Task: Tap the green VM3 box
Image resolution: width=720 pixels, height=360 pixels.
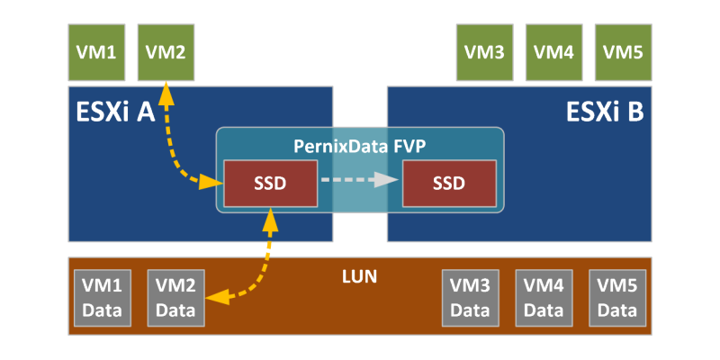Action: pos(484,51)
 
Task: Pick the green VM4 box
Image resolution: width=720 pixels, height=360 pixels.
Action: pos(553,51)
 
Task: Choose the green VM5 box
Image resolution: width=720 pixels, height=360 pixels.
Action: pos(623,51)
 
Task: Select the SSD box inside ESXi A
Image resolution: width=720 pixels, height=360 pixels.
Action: pos(269,183)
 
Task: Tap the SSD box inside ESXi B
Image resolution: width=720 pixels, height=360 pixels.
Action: pos(448,183)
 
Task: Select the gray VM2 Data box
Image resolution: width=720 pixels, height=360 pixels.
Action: pos(175,298)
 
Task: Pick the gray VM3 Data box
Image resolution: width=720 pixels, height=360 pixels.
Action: pos(470,298)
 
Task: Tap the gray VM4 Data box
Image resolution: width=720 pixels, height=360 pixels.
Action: pos(544,298)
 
